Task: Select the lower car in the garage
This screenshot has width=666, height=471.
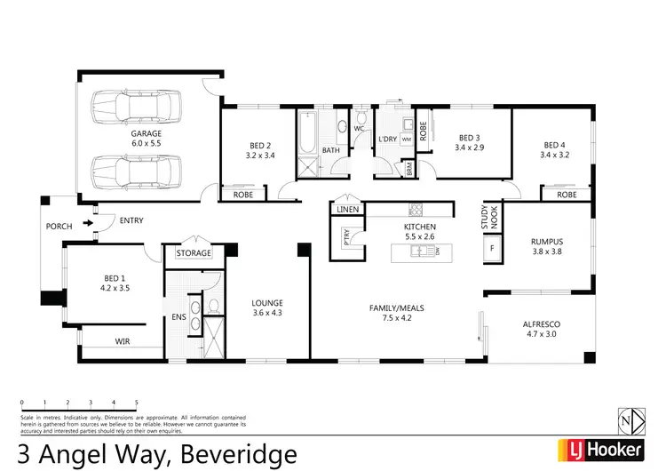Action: click(x=136, y=168)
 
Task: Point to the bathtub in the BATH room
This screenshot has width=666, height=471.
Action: click(x=307, y=132)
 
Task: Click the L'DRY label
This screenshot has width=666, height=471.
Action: click(x=387, y=140)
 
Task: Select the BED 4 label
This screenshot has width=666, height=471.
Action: click(x=554, y=145)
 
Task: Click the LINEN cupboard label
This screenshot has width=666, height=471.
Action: click(x=347, y=210)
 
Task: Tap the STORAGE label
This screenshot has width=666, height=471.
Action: click(x=193, y=253)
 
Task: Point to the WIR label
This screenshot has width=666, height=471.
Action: click(x=123, y=340)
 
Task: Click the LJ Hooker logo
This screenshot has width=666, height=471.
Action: click(x=599, y=450)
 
